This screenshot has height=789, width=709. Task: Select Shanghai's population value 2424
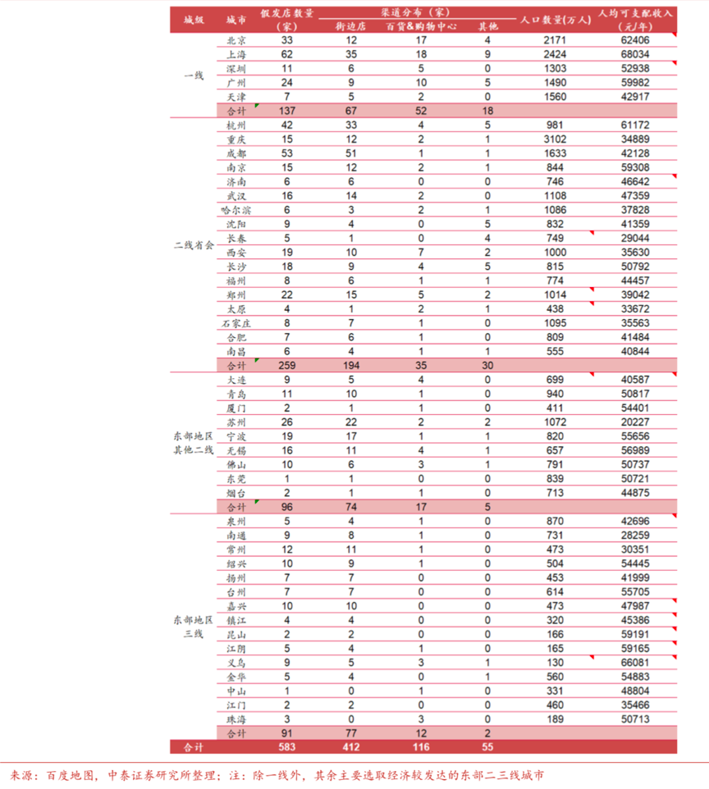(555, 54)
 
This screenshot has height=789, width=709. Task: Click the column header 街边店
(351, 26)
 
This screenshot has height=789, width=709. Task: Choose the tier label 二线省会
(194, 244)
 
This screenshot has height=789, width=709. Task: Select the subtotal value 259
(286, 365)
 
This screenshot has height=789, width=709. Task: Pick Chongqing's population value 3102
(555, 139)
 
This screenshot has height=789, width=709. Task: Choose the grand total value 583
(286, 746)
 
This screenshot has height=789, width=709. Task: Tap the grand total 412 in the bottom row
(351, 746)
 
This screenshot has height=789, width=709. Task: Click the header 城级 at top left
(194, 19)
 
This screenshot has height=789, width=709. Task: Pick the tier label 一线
(194, 75)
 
